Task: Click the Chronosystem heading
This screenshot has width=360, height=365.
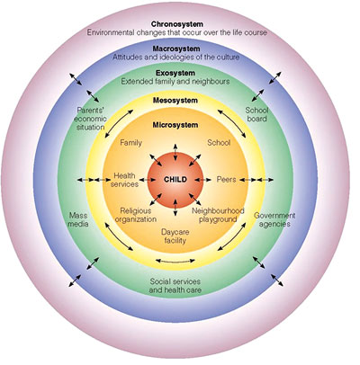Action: pos(177,24)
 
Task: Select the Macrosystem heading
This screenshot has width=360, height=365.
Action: pos(176,49)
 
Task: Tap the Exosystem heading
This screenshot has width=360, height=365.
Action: pos(175,73)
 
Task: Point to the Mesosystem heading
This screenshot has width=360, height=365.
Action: pos(175,101)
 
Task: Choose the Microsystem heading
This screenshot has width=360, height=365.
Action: pos(175,125)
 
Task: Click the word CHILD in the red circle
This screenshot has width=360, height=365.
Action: pos(175,180)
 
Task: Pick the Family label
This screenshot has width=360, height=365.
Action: pos(130,143)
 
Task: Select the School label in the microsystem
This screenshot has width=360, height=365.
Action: pos(219,143)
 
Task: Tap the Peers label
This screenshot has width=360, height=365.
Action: pos(226,180)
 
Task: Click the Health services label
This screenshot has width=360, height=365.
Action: pos(124,180)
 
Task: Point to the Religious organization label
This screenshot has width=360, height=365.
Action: pos(136,215)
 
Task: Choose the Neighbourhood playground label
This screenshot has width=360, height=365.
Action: pos(218,215)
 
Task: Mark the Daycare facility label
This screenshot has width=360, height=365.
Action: pos(175,236)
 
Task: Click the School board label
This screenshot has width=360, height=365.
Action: pos(256,114)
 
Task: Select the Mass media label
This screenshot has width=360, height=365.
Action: pos(78,219)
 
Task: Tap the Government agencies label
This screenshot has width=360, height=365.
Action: pos(274,219)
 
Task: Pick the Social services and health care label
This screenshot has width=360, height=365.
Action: pos(175,286)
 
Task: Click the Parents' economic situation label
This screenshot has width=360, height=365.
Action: pos(91,119)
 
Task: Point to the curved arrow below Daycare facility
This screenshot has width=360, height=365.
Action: pos(175,262)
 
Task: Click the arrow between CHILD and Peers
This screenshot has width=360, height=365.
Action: pos(202,180)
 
